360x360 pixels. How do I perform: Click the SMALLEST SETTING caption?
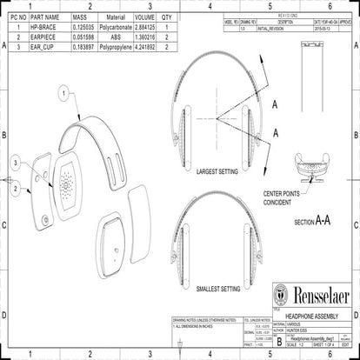218,288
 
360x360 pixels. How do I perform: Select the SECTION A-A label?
312,222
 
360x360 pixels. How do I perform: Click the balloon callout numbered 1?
63,90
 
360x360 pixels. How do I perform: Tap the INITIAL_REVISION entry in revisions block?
269,28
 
